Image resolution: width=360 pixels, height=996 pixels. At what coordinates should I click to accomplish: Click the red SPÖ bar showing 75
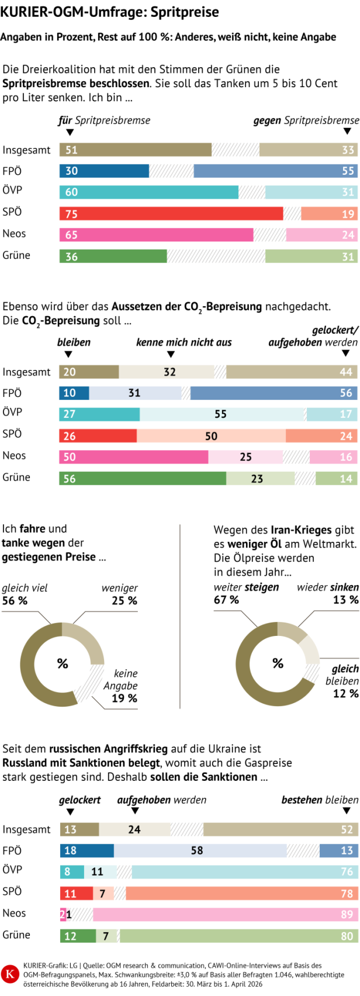[171, 213]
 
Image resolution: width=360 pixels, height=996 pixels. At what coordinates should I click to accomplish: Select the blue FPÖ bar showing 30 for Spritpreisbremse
[104, 171]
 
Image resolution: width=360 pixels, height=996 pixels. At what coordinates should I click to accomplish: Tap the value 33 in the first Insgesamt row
[348, 150]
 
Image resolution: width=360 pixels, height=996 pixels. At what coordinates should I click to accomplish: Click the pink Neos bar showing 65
[156, 235]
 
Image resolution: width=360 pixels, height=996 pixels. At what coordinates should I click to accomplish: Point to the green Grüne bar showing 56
[142, 479]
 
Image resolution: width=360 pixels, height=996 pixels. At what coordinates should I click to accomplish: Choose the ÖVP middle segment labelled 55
[221, 414]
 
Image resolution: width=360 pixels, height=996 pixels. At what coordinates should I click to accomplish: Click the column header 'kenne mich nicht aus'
[184, 343]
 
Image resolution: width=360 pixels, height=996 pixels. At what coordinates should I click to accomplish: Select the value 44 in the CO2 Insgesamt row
[346, 372]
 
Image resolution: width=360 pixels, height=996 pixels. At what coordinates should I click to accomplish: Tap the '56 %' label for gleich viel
[15, 601]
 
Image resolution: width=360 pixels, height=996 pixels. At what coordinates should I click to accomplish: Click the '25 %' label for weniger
[124, 601]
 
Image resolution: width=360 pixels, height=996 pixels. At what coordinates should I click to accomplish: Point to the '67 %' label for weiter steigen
[226, 600]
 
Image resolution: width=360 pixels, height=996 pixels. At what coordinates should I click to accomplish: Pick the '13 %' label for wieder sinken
[345, 600]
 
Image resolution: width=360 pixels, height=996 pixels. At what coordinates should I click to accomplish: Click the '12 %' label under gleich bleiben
[345, 694]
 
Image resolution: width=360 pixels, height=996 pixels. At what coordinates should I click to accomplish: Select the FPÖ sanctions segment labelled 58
[198, 850]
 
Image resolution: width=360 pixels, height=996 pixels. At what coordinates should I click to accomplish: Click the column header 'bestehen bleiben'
[320, 800]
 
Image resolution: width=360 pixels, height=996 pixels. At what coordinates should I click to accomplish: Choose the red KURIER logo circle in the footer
[10, 974]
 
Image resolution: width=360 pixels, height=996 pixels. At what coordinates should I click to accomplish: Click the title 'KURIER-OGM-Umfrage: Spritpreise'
[109, 12]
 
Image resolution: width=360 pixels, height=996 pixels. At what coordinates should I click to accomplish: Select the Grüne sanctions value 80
[347, 936]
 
